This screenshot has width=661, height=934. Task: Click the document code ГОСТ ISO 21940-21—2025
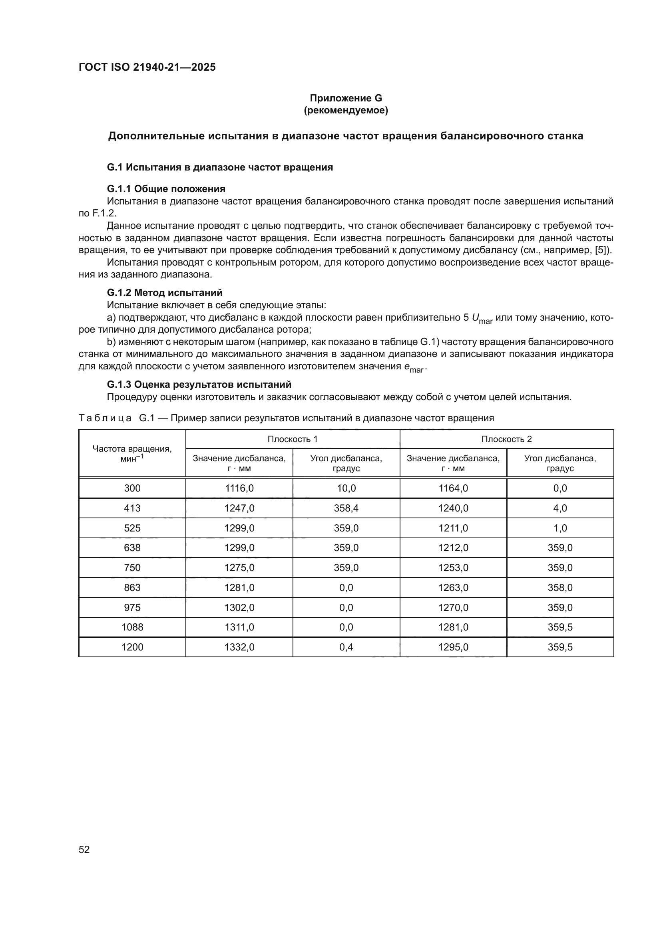tap(147, 67)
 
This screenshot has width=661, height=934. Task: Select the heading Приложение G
tap(346, 98)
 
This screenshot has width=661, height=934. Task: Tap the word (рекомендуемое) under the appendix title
tap(346, 110)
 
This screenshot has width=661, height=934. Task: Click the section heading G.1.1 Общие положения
tap(166, 189)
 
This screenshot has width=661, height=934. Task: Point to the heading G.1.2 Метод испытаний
tap(164, 292)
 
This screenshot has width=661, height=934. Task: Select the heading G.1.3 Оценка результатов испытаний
tap(199, 385)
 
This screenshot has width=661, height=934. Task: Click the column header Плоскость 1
tap(292, 439)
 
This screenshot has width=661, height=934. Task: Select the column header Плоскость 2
tap(506, 439)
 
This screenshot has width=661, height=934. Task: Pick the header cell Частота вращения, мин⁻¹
tap(132, 453)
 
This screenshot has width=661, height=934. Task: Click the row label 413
tap(132, 508)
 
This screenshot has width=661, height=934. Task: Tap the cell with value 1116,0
tap(239, 488)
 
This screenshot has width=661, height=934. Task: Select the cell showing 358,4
tap(346, 508)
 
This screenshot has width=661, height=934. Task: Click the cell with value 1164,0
tap(453, 488)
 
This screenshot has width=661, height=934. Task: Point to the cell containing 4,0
tap(560, 508)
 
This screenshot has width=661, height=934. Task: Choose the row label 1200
tap(132, 647)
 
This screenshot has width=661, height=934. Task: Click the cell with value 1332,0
tap(239, 647)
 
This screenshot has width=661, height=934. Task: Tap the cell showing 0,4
tap(346, 647)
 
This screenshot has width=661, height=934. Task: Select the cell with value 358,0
tap(560, 587)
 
